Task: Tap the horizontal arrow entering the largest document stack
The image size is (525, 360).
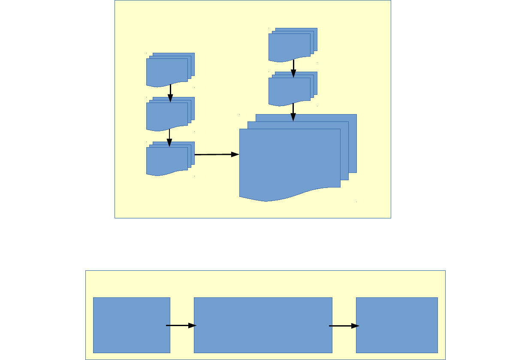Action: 217,154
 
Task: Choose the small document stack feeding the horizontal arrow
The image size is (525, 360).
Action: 167,160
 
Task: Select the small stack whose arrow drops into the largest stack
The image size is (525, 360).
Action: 290,90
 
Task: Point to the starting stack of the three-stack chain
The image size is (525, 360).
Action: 167,71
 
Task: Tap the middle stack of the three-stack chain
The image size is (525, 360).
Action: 167,115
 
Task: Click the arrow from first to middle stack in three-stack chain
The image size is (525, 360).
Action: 170,93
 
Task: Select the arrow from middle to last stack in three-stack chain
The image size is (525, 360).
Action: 169,137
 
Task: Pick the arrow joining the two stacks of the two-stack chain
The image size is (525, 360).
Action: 293,68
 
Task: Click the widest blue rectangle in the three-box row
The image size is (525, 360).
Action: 263,325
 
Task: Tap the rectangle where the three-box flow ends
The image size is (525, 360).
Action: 397,325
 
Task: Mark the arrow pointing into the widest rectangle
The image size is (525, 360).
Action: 181,326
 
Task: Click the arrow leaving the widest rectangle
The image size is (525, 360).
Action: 344,326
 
